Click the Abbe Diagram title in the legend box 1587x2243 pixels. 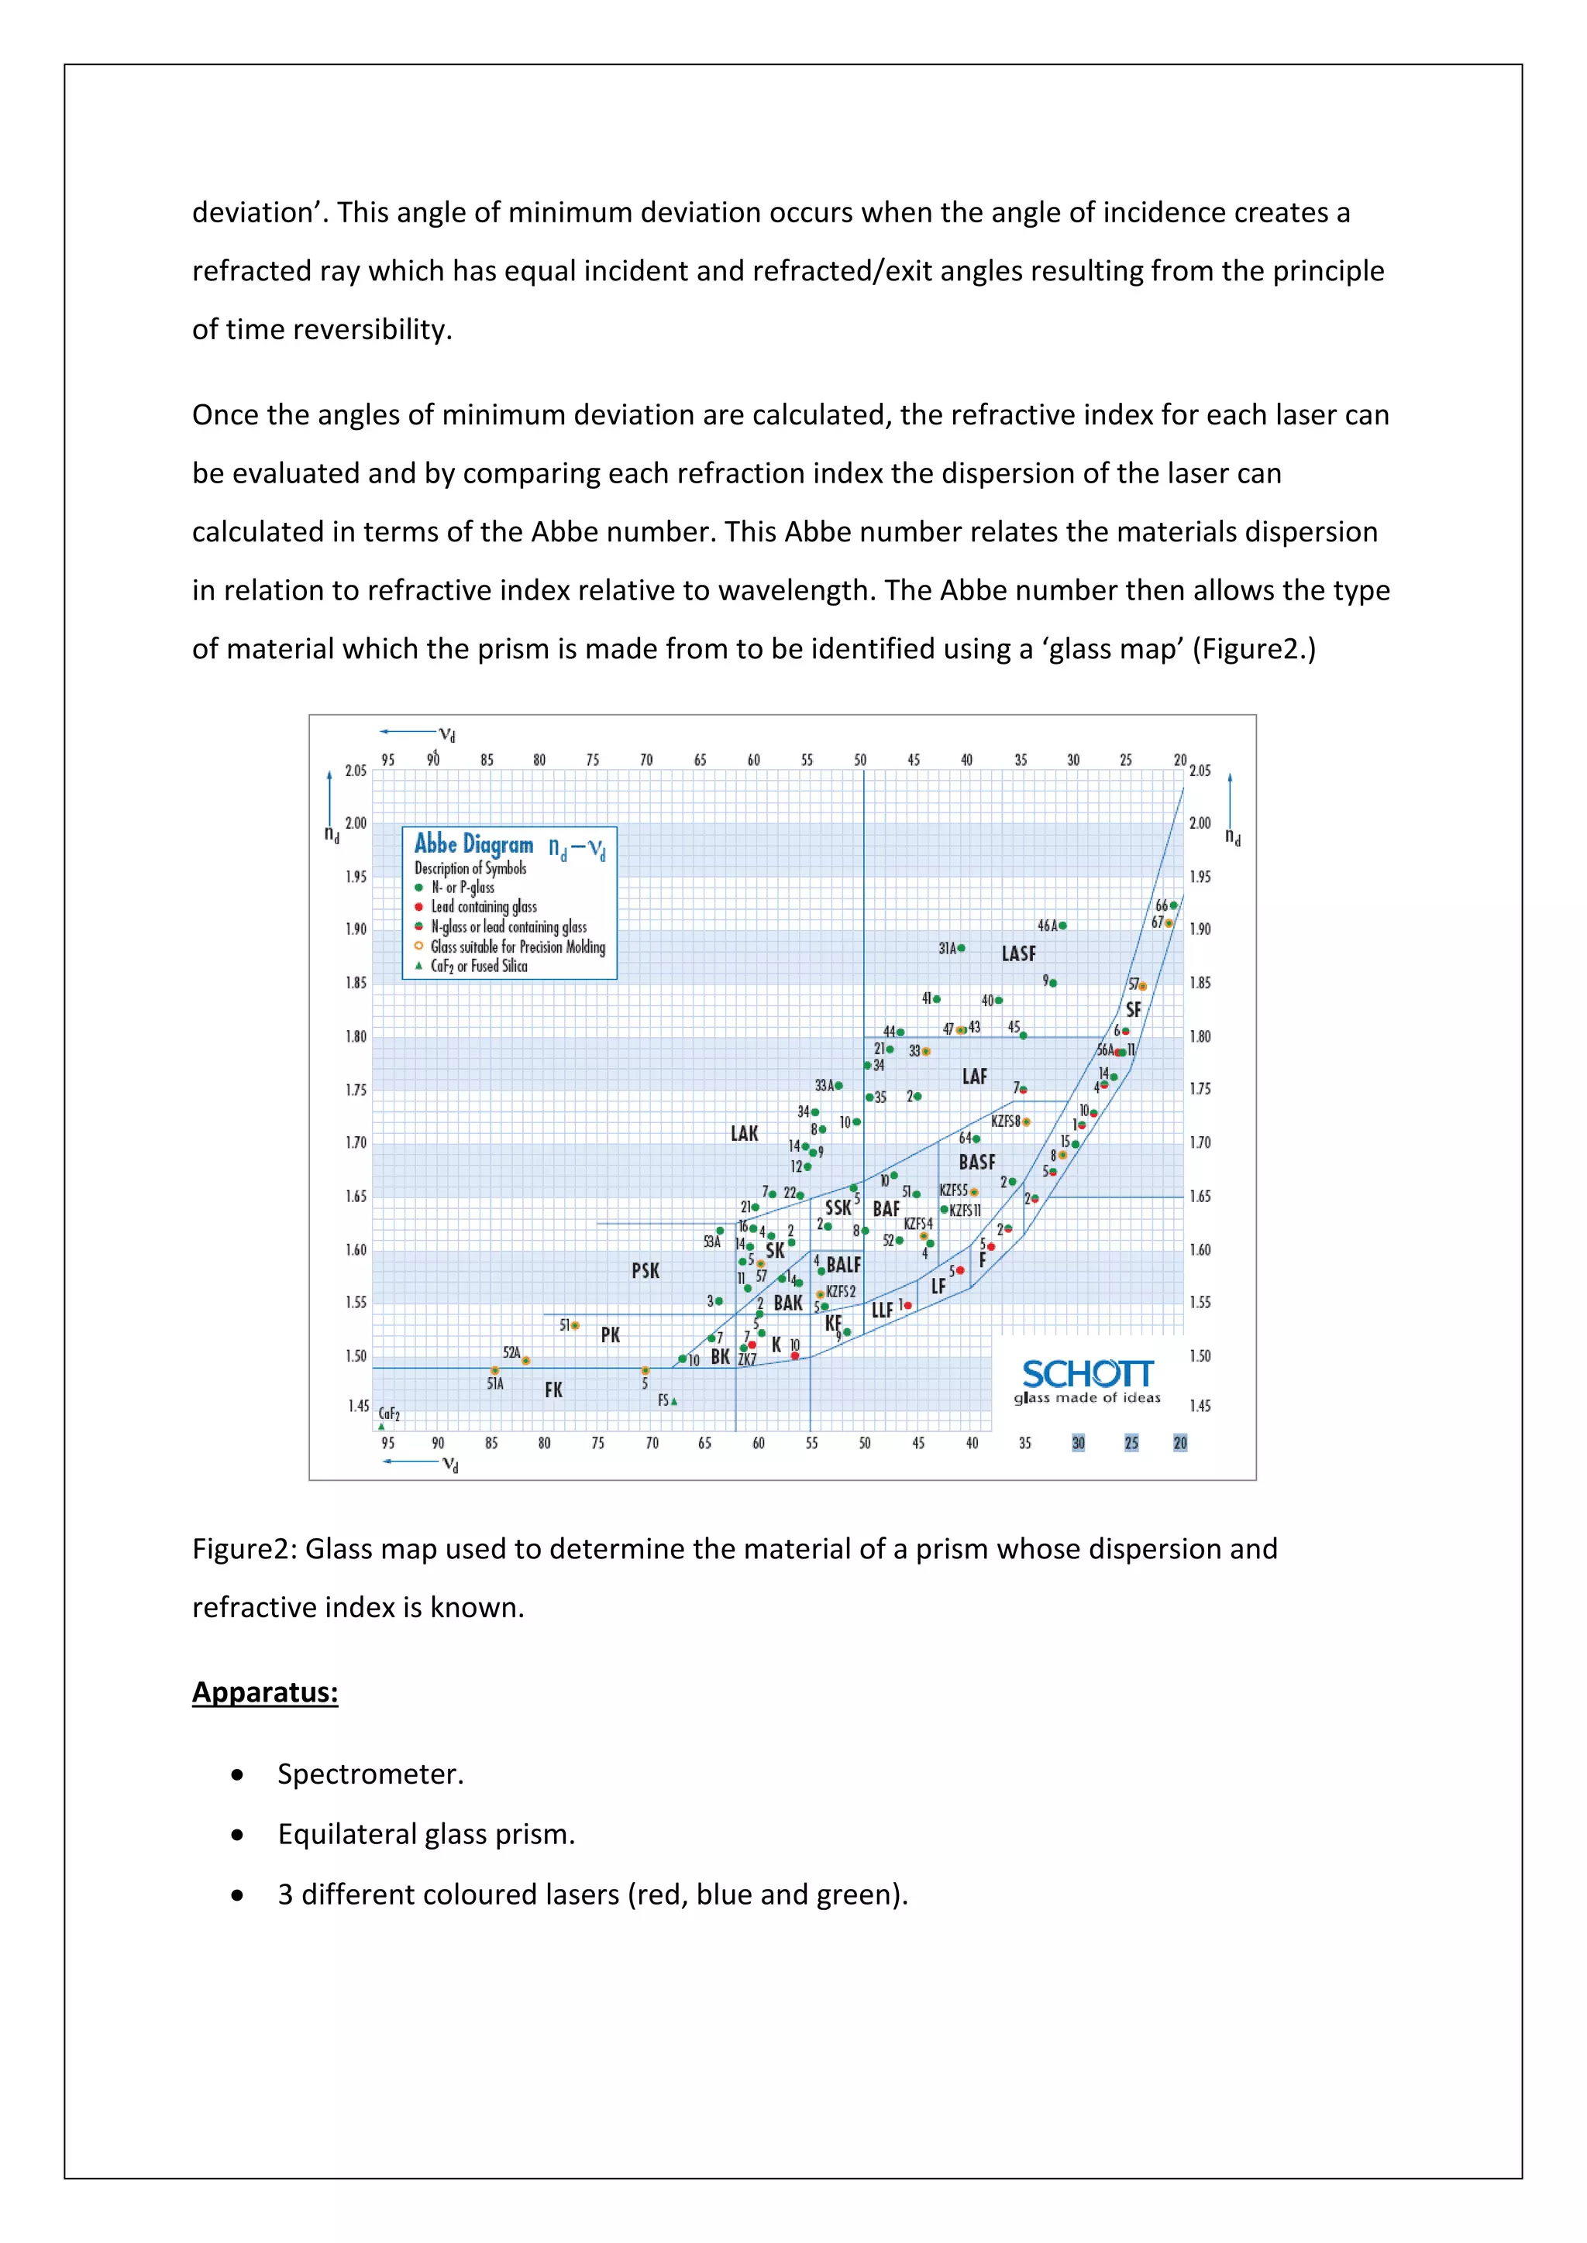click(474, 844)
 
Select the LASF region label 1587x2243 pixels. click(1018, 953)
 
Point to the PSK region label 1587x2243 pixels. click(645, 1271)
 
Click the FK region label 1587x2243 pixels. click(553, 1390)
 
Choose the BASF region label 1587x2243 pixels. click(976, 1163)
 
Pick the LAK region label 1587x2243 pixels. click(744, 1133)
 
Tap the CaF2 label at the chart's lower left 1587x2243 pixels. click(389, 1413)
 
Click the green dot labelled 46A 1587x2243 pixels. click(1062, 925)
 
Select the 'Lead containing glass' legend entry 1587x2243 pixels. click(484, 907)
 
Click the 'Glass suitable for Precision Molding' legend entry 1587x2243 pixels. click(517, 946)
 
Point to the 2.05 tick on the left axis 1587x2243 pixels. click(356, 771)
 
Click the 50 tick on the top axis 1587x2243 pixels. click(860, 760)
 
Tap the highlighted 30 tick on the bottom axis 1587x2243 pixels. click(1078, 1443)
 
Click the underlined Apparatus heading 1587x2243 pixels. click(265, 1692)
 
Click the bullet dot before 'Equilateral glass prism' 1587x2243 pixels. click(237, 1835)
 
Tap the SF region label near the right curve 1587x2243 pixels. click(1133, 1010)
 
